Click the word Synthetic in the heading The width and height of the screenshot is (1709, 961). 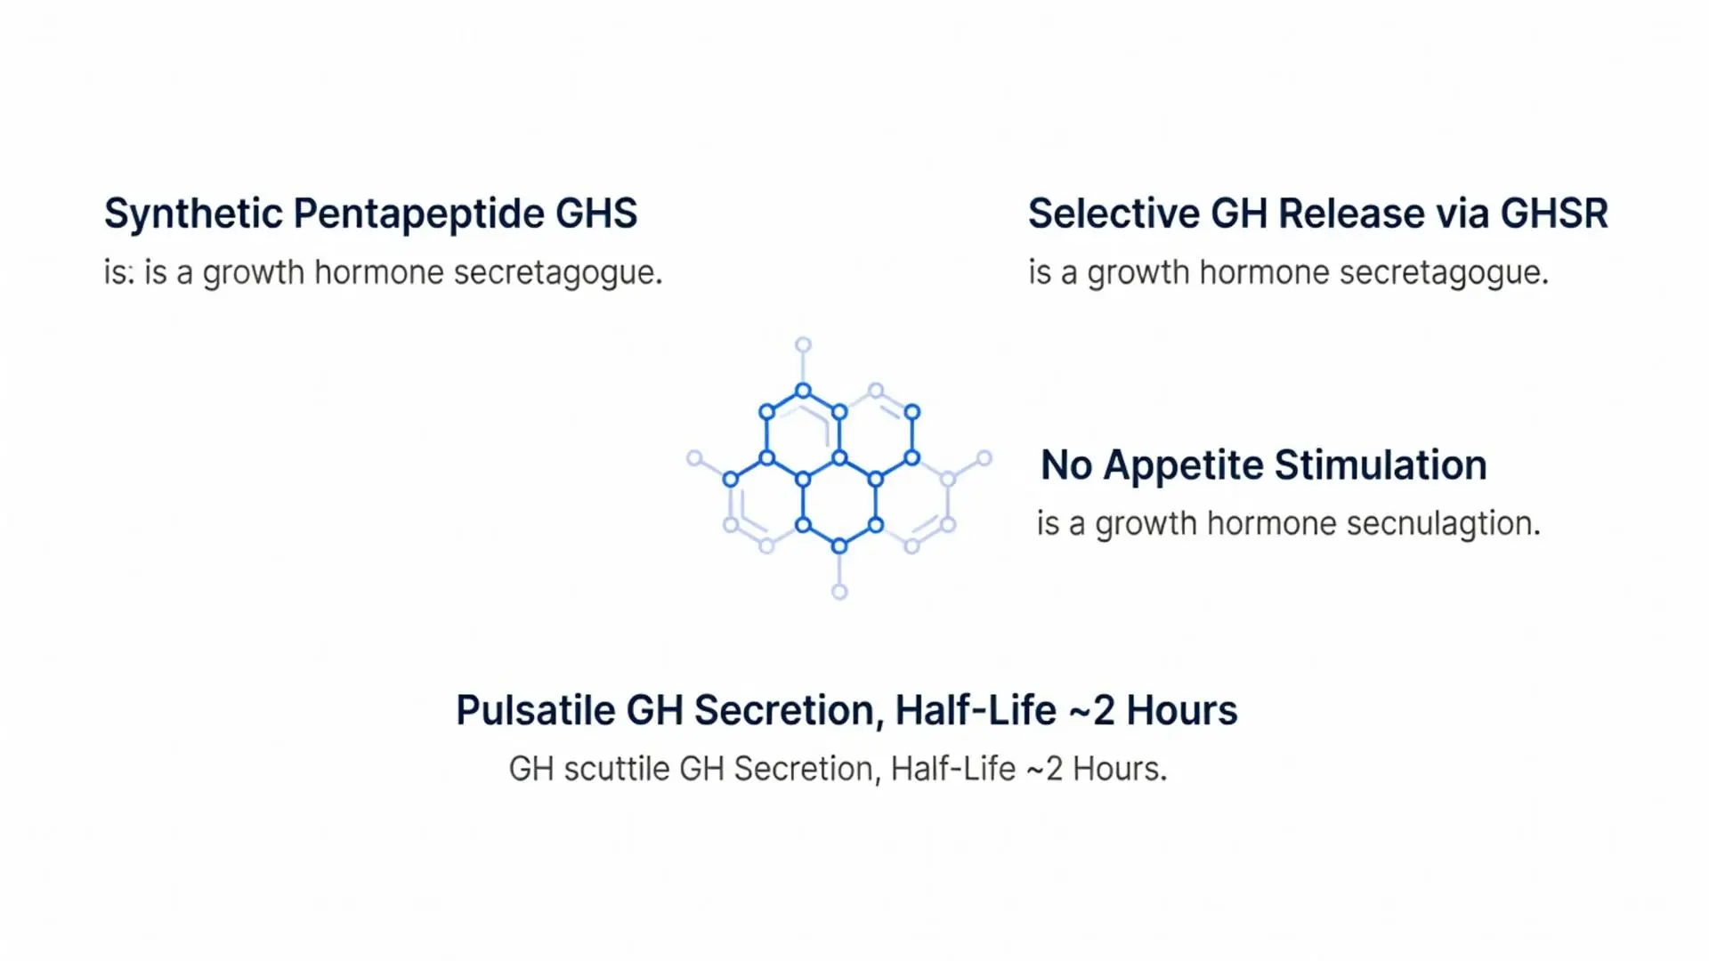(193, 214)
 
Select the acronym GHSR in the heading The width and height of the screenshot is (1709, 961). (1554, 214)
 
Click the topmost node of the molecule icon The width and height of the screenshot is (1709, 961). (803, 344)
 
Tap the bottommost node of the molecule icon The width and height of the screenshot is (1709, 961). (839, 592)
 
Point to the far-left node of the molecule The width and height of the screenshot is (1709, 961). (694, 458)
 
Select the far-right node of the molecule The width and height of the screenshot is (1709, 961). (984, 458)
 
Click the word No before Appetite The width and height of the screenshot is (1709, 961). (1066, 465)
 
